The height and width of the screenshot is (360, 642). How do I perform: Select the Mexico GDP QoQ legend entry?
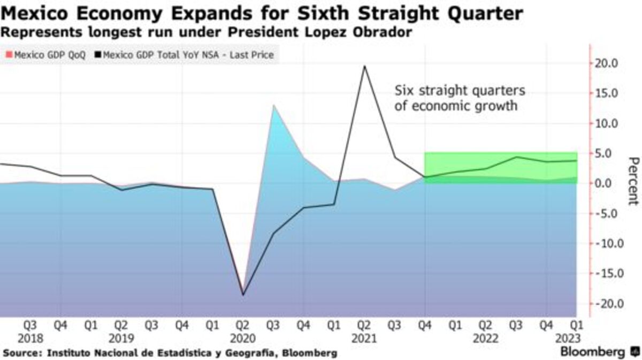45,55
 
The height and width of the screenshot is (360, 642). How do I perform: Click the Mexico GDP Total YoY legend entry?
185,55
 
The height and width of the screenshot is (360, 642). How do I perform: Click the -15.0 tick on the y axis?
607,273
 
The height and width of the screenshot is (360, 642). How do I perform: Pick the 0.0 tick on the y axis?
610,183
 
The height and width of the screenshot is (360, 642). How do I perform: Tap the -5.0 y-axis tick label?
608,213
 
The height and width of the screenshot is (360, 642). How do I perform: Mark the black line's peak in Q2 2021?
365,66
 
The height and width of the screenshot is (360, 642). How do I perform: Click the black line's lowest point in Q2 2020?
243,295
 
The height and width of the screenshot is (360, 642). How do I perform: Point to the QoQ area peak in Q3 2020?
274,105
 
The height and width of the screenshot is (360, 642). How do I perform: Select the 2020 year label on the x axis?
243,339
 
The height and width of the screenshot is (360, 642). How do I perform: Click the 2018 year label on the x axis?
30,339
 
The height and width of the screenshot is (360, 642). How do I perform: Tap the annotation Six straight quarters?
460,90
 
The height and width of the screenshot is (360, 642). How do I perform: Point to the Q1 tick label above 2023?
576,325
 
